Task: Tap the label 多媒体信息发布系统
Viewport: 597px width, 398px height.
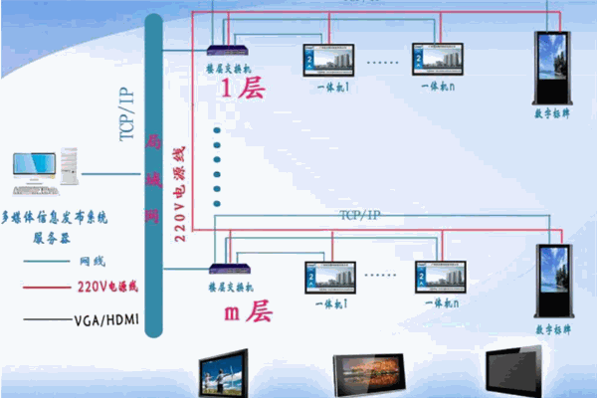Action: click(x=54, y=215)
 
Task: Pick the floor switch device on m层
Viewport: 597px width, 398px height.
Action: click(x=224, y=269)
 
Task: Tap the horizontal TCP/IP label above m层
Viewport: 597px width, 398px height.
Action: click(x=360, y=215)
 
